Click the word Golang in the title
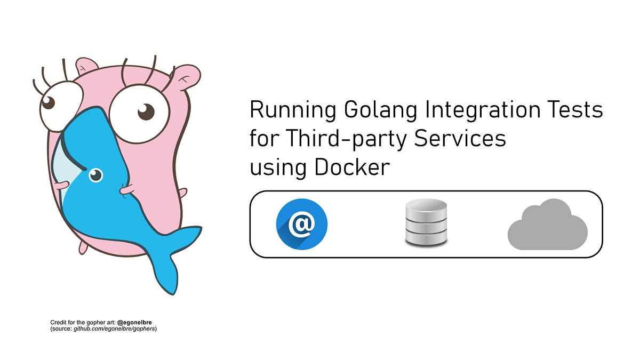(378, 110)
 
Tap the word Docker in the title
(352, 167)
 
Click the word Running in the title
(293, 110)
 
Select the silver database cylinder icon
(426, 222)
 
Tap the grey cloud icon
(547, 225)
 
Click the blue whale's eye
(95, 174)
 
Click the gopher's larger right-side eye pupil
(146, 112)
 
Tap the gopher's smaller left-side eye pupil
(49, 103)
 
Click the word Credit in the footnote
(58, 323)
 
